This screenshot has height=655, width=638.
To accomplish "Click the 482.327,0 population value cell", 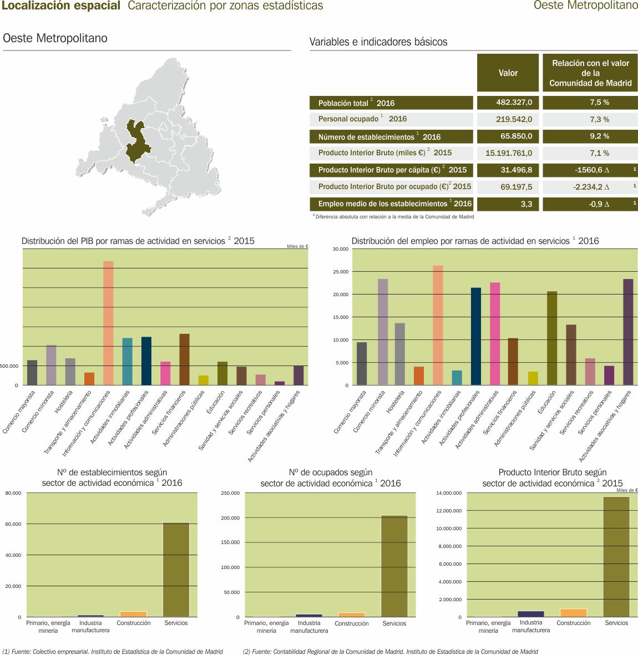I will [508, 103].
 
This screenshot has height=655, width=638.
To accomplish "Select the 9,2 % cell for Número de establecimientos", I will [590, 136].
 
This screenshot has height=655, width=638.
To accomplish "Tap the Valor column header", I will [508, 73].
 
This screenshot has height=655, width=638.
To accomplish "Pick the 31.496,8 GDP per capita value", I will [508, 170].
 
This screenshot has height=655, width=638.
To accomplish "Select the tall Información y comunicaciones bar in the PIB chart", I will [108, 323].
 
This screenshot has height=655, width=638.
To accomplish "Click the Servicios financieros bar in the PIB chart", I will [184, 359].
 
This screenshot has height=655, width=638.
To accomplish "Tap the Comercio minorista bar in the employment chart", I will [383, 332].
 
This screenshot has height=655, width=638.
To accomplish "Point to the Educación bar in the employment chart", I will [552, 338].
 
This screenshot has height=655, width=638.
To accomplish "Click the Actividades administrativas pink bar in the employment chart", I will [495, 333].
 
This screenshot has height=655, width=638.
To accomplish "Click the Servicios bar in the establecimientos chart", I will [176, 569].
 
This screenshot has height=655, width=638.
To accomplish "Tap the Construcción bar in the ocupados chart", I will [352, 615].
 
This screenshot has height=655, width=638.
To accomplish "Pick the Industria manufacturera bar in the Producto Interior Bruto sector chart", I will [531, 613].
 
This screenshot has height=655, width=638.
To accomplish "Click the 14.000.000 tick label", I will [449, 493].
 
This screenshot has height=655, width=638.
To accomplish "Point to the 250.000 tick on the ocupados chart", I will [230, 493].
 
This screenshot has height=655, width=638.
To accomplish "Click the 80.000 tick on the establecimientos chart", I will [13, 493].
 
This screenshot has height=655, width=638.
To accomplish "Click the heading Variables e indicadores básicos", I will [378, 42].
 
